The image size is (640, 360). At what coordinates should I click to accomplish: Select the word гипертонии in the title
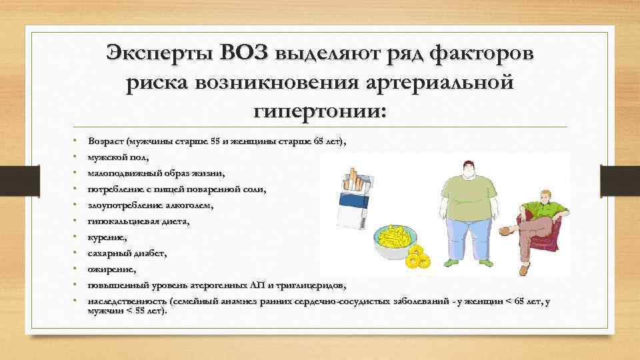tap(319, 107)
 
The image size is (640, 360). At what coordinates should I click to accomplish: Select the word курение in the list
tap(111, 237)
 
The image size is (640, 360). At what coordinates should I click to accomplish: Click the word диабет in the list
tap(150, 253)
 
